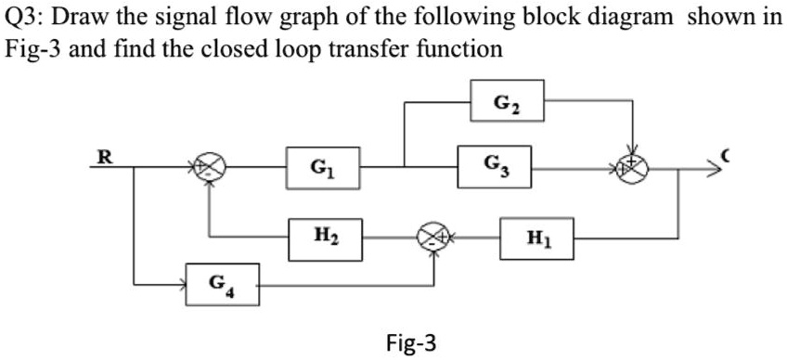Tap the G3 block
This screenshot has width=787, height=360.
[495, 168]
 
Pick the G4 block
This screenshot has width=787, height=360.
[221, 283]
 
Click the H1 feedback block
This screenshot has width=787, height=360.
[536, 238]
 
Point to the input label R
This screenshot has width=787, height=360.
[107, 156]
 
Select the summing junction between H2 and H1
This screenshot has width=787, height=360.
[432, 238]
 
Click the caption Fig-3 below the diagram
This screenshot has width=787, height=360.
[409, 343]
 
